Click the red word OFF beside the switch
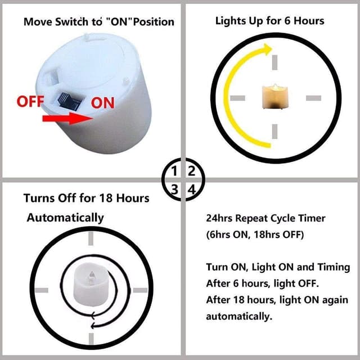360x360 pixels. (x=30, y=101)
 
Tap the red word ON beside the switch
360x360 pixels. (x=102, y=102)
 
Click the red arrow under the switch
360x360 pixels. (x=67, y=119)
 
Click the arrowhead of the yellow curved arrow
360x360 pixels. (x=268, y=49)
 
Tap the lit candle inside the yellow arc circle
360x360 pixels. (x=275, y=96)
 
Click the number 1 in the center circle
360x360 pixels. (x=174, y=171)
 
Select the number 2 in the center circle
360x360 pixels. (x=191, y=171)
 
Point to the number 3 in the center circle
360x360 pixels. (x=175, y=190)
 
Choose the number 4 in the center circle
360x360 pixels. (x=192, y=190)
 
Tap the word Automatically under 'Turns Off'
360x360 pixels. (x=65, y=218)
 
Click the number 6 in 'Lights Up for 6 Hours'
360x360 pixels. (x=287, y=21)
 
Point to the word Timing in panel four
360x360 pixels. (x=334, y=268)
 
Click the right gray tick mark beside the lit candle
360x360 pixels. (x=313, y=98)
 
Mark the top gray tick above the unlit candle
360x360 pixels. (x=91, y=238)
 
